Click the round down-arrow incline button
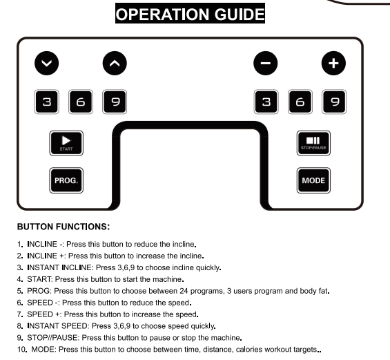click(x=47, y=64)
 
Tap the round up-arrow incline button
click(x=115, y=64)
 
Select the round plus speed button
click(x=333, y=64)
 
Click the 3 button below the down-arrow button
click(x=47, y=102)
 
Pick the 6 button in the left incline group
click(x=81, y=102)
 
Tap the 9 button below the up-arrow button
click(x=115, y=102)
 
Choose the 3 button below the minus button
click(x=266, y=102)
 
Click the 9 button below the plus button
click(x=334, y=102)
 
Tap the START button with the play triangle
click(x=66, y=143)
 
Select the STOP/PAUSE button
click(x=313, y=143)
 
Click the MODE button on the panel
click(x=313, y=180)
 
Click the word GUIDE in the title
click(x=240, y=15)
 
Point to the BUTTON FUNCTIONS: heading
click(x=64, y=227)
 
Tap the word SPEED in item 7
click(x=40, y=314)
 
